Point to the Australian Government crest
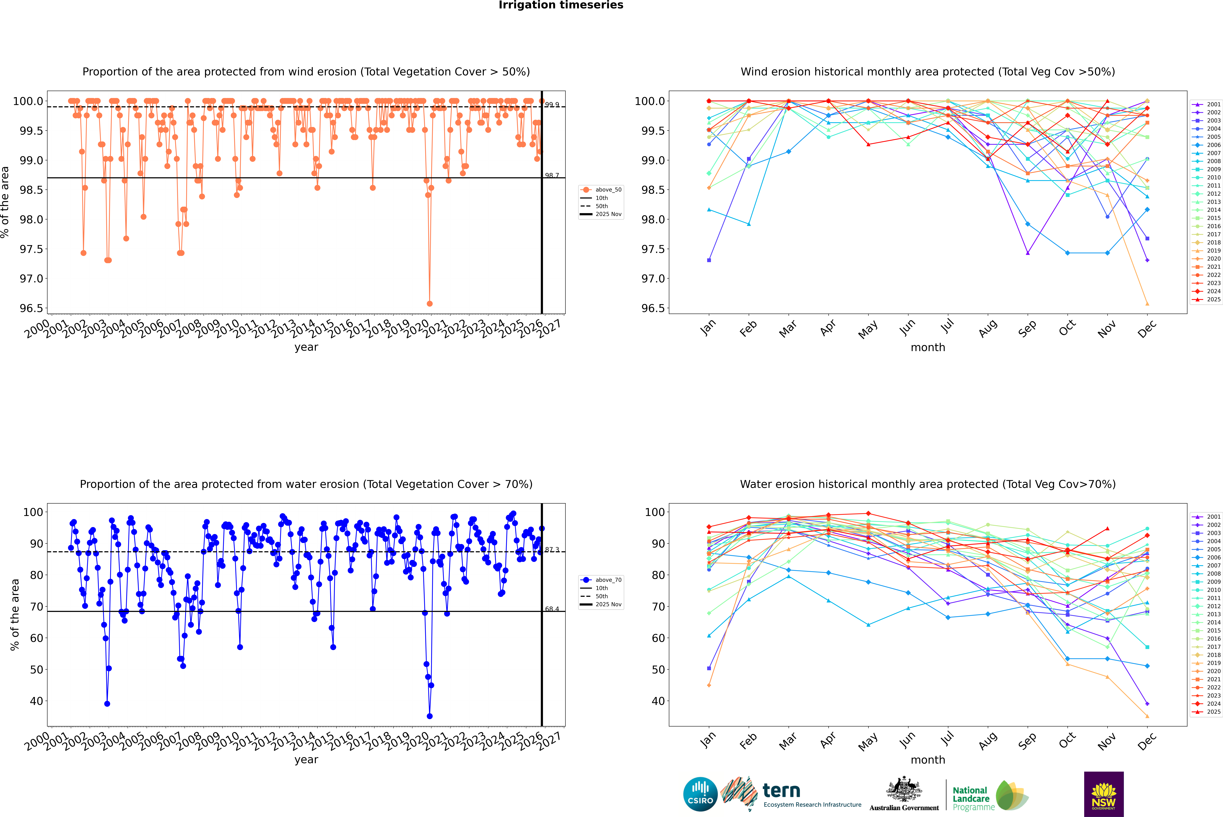point(904,789)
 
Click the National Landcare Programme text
point(971,798)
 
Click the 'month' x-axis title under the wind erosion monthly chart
point(927,348)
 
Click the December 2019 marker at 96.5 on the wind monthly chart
point(1147,304)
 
